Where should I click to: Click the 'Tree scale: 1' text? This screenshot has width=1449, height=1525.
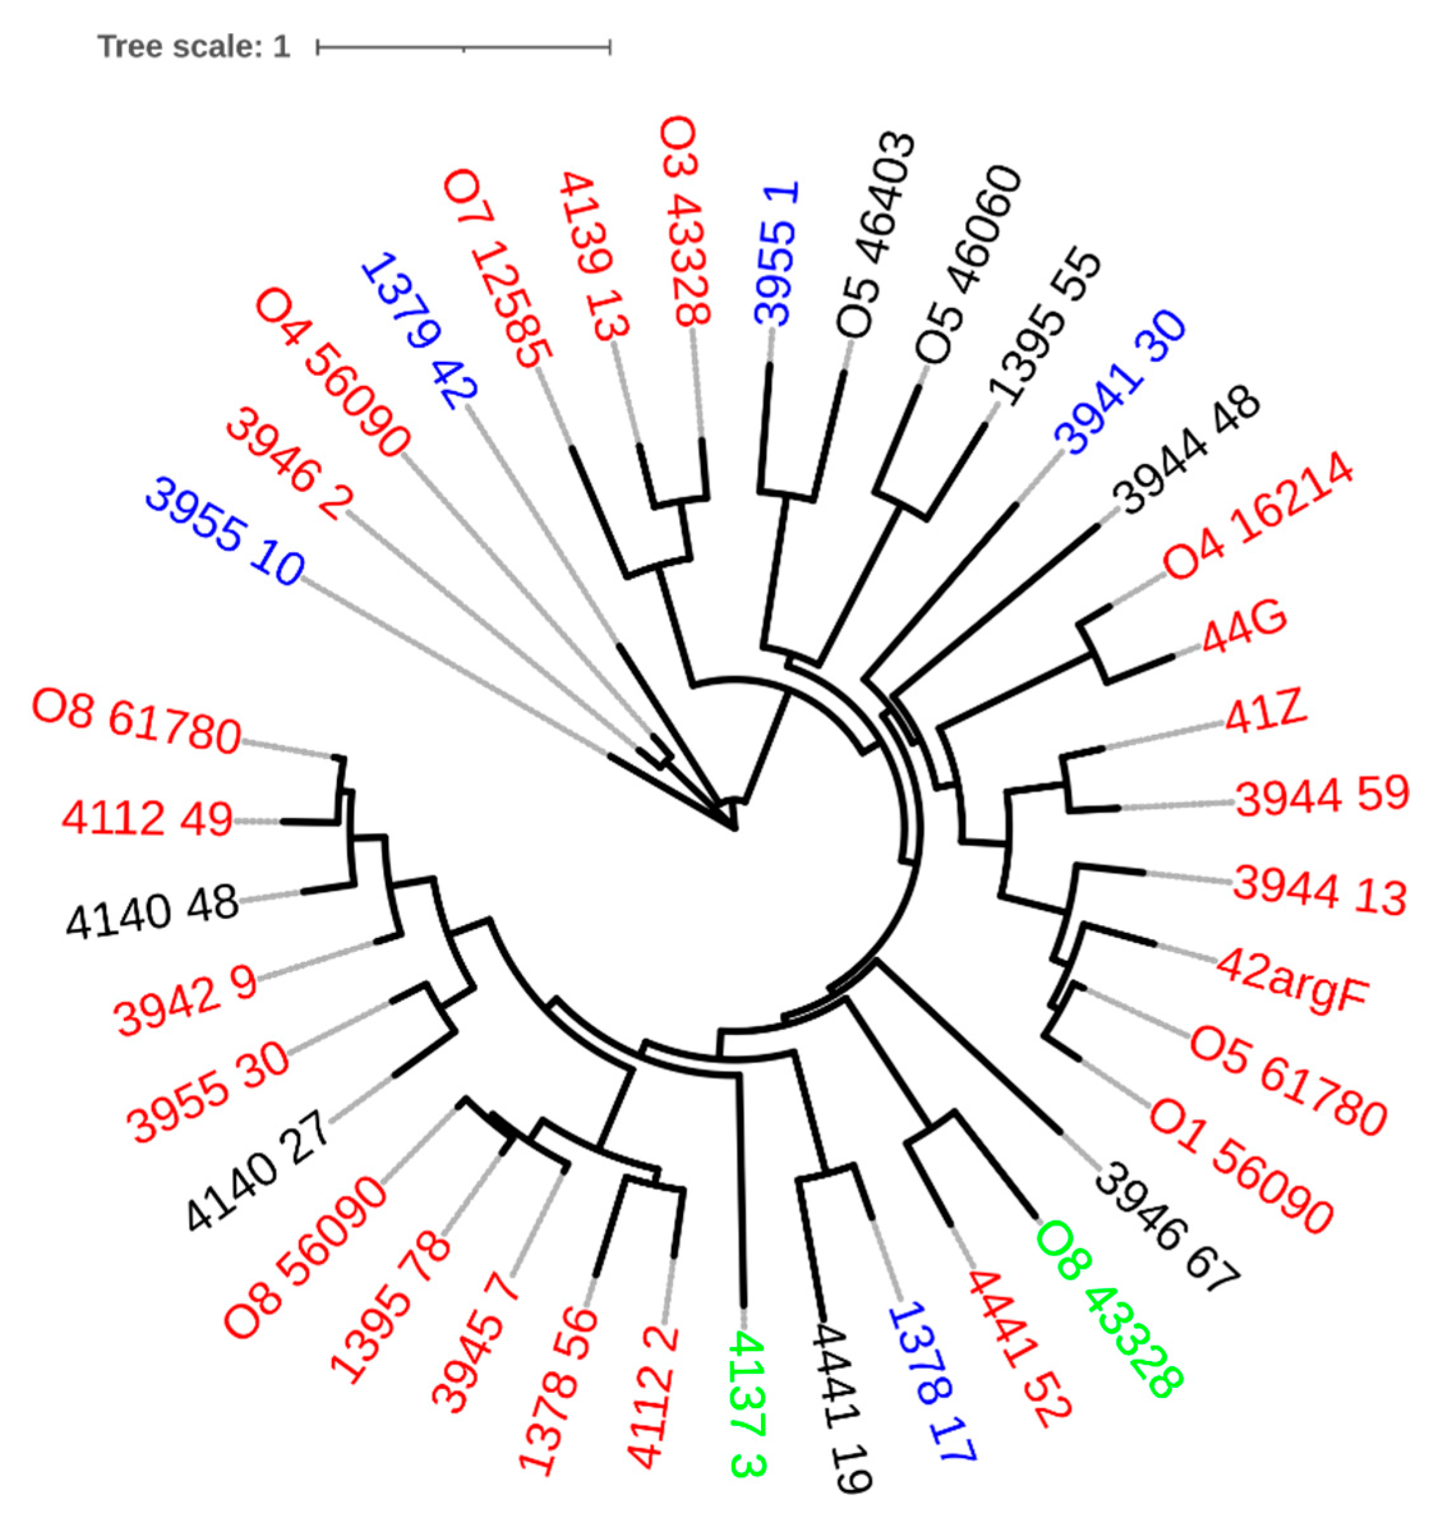pos(194,47)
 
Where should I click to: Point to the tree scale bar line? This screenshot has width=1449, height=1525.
pos(463,48)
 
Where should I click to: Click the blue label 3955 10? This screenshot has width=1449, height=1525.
pos(225,533)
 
